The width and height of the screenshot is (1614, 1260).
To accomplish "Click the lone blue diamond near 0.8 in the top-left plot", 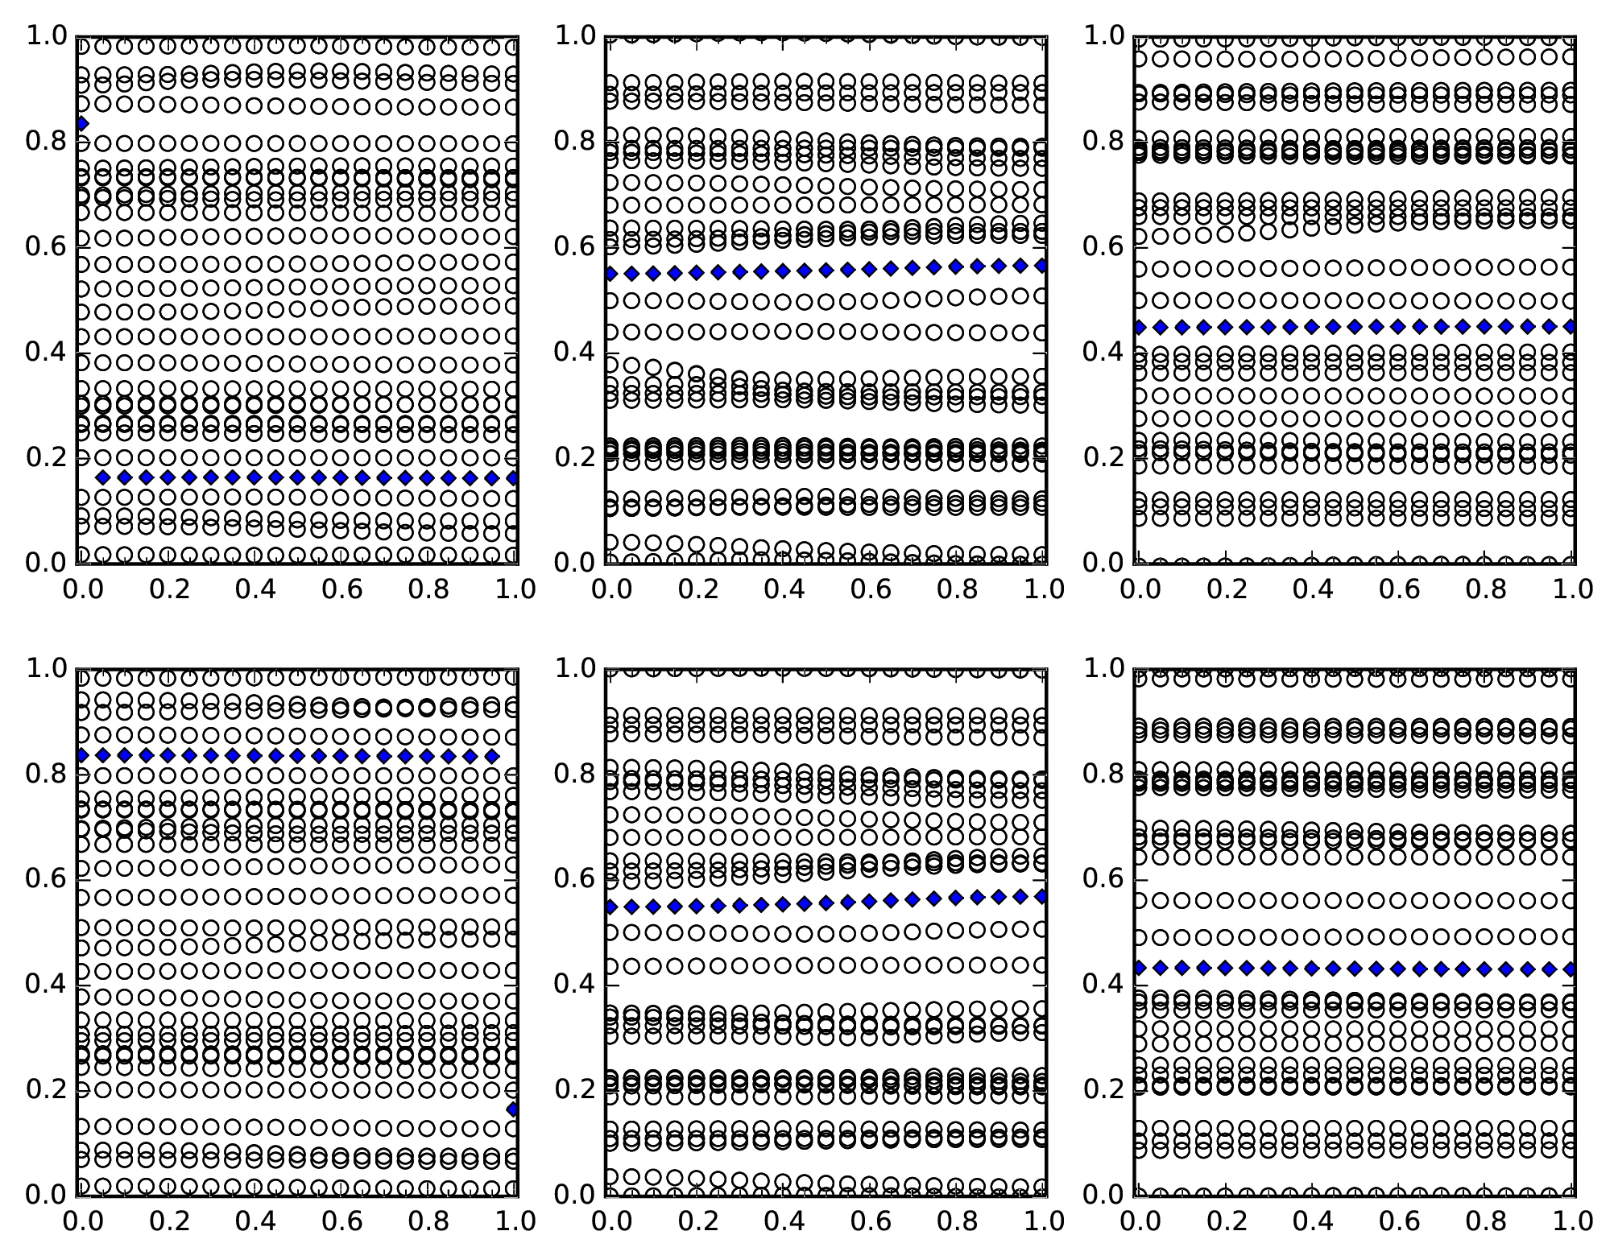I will [x=81, y=123].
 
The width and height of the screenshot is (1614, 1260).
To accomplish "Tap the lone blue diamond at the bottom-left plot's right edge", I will [x=513, y=1109].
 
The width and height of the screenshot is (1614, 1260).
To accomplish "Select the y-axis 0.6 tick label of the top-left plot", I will [x=45, y=246].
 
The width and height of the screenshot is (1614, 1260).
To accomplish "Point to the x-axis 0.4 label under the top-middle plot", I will [x=784, y=589].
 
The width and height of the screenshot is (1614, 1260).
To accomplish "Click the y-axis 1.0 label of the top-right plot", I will [x=1103, y=35].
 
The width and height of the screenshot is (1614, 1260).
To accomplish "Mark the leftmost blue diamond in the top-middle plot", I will [x=610, y=274].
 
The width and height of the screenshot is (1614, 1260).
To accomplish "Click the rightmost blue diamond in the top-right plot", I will [x=1571, y=326].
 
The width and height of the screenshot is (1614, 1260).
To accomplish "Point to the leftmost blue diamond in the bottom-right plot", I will [x=1140, y=967].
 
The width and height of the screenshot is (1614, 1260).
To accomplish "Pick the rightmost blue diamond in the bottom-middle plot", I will [x=1042, y=895].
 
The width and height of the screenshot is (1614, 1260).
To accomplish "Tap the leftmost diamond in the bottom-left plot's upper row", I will [x=81, y=755].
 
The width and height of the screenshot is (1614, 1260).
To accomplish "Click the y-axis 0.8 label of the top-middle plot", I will [x=574, y=141].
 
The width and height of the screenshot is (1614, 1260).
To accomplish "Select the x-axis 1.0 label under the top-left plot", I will [x=515, y=589].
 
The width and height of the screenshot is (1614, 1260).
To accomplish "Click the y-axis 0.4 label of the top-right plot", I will [x=1103, y=352].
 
